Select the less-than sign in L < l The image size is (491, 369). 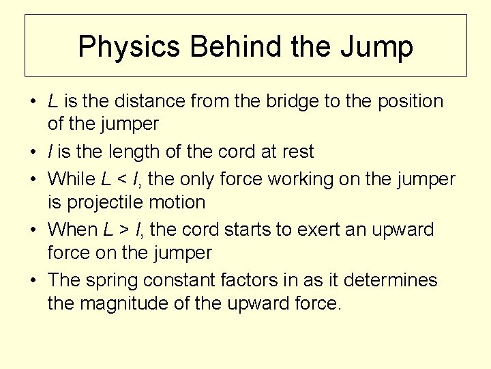click(x=121, y=179)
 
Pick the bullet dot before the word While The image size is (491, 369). click(x=33, y=180)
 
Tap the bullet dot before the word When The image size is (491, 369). click(x=33, y=230)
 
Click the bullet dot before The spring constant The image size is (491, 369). click(x=33, y=281)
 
